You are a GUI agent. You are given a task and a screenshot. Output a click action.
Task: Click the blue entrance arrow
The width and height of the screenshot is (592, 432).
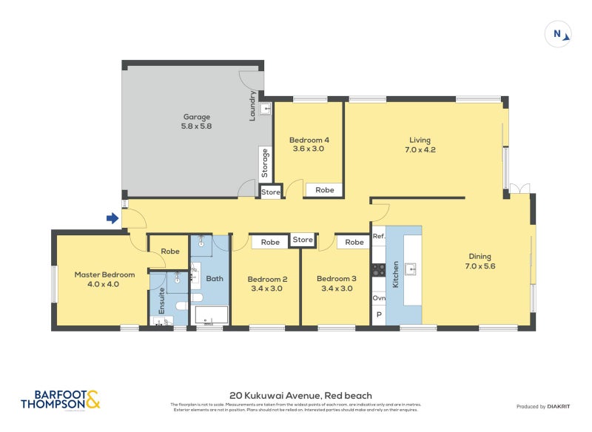[112, 218]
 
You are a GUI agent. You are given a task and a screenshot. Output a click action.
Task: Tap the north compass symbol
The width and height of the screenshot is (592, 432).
[558, 34]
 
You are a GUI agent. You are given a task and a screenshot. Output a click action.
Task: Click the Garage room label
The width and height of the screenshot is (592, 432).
[196, 121]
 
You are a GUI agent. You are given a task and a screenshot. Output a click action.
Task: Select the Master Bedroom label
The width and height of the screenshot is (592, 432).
[104, 279]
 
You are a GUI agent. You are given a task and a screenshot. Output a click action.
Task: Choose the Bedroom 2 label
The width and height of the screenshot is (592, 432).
[267, 283]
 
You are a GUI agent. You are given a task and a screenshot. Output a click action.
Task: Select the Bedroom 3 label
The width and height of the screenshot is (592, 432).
[336, 283]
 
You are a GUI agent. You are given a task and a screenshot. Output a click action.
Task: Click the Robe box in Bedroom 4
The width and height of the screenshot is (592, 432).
[324, 190]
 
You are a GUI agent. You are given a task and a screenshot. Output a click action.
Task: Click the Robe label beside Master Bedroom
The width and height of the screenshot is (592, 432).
[169, 252]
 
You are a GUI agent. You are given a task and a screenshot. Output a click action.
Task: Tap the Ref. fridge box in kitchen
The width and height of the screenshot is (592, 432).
[378, 237]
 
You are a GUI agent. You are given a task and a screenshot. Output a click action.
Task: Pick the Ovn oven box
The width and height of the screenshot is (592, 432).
[378, 298]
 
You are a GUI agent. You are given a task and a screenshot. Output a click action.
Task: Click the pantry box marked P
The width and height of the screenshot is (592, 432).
[378, 315]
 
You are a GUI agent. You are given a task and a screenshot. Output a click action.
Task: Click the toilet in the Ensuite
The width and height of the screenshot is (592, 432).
[180, 306]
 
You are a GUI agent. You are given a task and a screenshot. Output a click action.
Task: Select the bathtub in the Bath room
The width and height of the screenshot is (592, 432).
[210, 315]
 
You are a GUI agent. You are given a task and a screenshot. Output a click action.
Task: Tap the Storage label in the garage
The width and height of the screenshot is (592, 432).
[263, 163]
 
